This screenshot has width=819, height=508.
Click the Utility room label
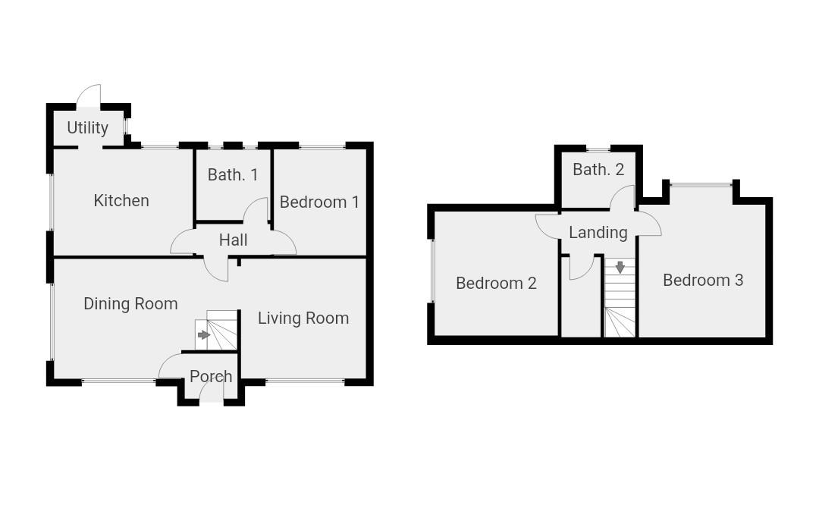tap(87, 128)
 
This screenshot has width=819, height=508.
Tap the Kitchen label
tap(121, 201)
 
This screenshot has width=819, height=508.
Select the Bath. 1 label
tap(233, 175)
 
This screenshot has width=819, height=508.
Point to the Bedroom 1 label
tap(319, 202)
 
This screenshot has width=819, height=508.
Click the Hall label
tap(233, 240)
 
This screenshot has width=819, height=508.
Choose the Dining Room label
tap(130, 304)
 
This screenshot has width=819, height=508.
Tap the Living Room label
tap(303, 318)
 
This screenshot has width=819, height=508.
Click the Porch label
tap(211, 376)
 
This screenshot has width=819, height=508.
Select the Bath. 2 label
tap(598, 170)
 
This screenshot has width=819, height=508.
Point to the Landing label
tap(598, 233)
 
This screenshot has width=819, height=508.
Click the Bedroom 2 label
tap(496, 284)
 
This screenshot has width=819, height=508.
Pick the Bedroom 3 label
tap(703, 281)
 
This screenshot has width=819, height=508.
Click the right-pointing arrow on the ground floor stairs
tap(203, 335)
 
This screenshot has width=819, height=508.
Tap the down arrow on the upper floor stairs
tap(620, 268)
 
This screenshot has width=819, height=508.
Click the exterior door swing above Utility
tap(89, 96)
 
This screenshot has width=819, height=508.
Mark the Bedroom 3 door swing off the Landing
tap(650, 225)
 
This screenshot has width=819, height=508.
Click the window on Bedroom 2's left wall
tap(431, 271)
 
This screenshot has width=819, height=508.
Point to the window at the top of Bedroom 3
tap(701, 183)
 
